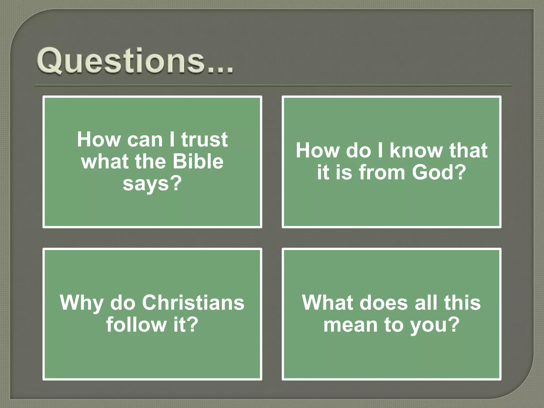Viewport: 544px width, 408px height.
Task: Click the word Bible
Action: point(198,161)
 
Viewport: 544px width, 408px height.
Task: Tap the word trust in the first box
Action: point(204,139)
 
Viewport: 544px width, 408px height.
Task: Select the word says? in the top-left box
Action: point(152,183)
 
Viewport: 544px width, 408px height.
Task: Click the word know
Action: point(416,150)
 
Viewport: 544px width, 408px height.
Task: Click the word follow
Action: point(136,324)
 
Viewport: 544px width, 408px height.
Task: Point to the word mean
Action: point(350,325)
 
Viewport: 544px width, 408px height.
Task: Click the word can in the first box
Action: point(145,140)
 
